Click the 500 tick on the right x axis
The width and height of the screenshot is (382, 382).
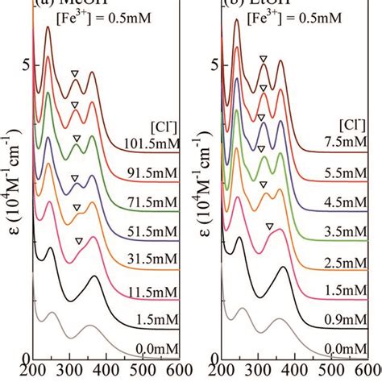[x=327, y=372]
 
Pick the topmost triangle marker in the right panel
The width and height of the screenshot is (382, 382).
[x=263, y=59]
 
